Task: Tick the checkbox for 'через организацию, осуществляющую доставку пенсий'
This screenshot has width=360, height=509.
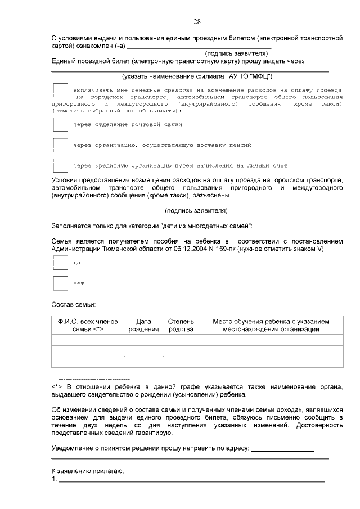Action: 60,145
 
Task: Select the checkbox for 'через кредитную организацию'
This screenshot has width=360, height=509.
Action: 60,165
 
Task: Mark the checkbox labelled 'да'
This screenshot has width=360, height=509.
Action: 60,263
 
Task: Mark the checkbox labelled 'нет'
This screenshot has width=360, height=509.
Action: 60,283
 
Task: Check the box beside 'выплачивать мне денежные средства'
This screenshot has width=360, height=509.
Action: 60,91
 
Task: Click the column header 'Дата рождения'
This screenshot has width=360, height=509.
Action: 143,325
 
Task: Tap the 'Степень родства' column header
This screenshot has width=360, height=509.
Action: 181,325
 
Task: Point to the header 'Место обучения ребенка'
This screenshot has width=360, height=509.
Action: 271,325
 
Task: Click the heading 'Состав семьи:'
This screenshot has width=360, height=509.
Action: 74,304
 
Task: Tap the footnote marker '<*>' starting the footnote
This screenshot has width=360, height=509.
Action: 56,387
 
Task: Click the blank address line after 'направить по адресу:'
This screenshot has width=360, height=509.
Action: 282,449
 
